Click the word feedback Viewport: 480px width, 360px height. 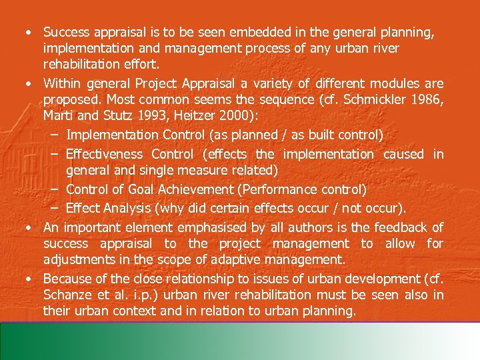pos(394,227)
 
